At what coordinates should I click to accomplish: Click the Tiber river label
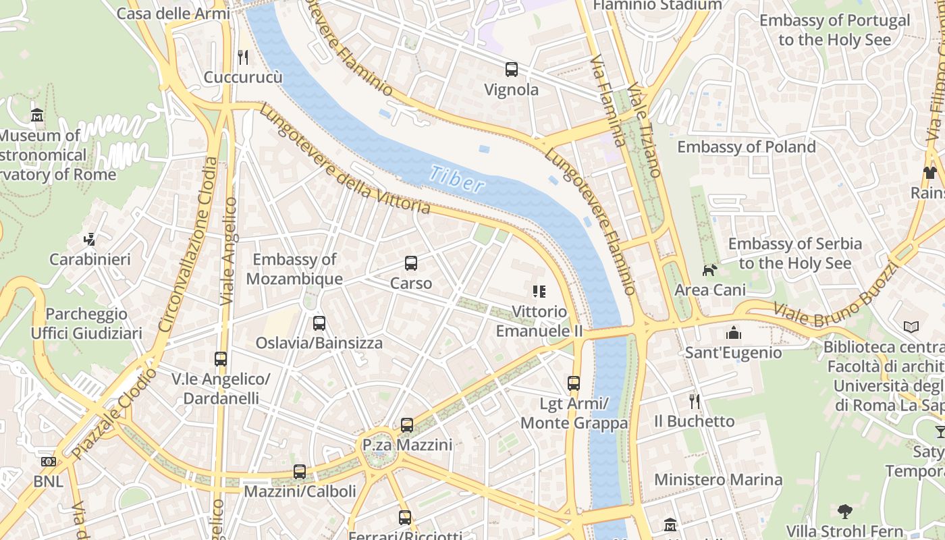457,179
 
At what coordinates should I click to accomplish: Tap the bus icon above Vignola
512,69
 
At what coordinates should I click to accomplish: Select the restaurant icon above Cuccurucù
243,57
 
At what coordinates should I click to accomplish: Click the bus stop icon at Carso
411,263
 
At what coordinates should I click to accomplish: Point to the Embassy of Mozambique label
294,269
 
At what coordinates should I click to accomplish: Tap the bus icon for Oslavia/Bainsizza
319,323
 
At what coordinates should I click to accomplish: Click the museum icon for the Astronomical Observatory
38,115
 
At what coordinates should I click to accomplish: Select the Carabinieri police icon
89,239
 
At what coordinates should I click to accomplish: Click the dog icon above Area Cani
709,270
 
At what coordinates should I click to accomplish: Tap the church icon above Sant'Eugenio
733,332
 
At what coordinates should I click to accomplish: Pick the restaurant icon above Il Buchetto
694,402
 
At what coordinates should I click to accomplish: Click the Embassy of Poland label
747,146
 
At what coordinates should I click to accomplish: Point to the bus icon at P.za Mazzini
407,425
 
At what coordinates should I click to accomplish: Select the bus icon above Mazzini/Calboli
300,471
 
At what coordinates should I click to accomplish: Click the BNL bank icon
48,462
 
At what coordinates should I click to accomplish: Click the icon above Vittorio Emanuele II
539,292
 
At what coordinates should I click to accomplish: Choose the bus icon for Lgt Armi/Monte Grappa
574,383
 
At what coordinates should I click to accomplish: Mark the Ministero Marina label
718,480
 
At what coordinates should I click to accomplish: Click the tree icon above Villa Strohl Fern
844,510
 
